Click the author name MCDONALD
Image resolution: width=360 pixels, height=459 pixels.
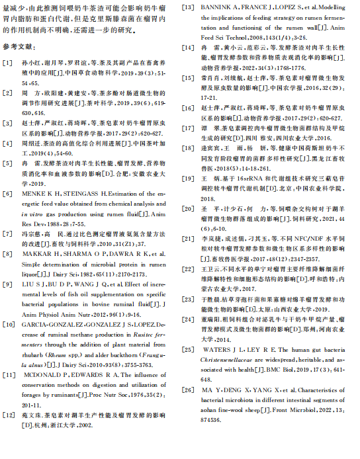click(x=44, y=375)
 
